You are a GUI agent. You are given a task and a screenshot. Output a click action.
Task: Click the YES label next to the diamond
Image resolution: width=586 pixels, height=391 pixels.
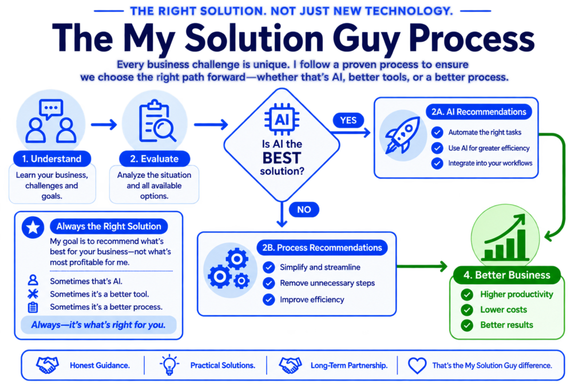click(349, 120)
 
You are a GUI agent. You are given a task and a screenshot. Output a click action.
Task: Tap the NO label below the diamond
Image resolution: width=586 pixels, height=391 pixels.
click(304, 210)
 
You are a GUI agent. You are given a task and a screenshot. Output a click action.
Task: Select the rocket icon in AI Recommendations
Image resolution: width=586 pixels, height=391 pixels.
click(402, 135)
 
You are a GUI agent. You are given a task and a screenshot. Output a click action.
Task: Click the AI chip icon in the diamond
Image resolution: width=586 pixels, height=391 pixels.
click(282, 120)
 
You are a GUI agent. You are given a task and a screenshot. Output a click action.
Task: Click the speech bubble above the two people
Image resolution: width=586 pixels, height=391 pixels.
click(51, 109)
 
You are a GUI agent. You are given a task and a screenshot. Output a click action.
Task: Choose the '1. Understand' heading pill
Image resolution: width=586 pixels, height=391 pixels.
click(52, 159)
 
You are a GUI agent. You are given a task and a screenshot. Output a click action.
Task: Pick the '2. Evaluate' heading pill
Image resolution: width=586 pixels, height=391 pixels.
click(155, 159)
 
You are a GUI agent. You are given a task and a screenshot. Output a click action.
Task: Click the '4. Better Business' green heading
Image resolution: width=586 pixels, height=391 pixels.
click(507, 275)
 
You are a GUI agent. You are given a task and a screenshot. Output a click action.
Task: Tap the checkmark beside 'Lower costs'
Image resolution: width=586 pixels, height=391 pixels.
click(467, 310)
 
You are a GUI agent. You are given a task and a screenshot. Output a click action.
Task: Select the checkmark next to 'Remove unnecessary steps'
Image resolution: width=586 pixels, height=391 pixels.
click(269, 283)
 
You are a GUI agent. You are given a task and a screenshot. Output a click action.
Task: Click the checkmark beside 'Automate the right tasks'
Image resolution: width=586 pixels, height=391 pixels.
click(437, 132)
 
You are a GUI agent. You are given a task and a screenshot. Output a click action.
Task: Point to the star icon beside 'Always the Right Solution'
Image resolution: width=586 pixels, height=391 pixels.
click(33, 227)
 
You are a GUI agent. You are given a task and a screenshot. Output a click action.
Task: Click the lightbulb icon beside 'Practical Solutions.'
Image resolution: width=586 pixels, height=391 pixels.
click(169, 365)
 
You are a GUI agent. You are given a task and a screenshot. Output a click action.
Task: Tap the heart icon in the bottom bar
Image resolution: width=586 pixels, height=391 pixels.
click(417, 365)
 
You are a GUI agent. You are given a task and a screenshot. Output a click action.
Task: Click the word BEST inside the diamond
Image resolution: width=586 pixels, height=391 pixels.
click(282, 158)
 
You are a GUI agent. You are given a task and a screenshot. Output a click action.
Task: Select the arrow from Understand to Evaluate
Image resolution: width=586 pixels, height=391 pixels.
click(104, 124)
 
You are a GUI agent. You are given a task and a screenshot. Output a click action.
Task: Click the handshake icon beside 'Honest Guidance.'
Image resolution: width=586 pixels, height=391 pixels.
click(47, 365)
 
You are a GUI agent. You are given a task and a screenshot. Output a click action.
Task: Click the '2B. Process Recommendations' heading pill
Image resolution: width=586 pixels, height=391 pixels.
click(322, 247)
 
